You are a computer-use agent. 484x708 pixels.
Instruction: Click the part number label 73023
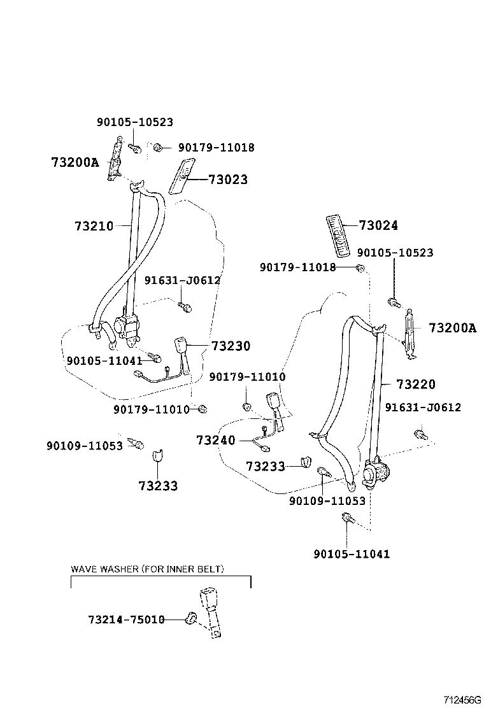coord(227,180)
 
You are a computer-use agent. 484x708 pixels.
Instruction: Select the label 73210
coord(94,226)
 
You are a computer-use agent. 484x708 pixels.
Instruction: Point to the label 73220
coord(415,384)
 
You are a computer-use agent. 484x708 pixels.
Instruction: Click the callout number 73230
coord(231,346)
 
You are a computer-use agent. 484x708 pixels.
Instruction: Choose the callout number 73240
coord(216,440)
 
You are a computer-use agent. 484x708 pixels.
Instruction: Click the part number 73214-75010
coord(126,619)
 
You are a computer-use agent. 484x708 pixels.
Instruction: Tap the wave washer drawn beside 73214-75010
coord(190,617)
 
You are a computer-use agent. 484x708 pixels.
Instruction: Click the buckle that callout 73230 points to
coord(181,348)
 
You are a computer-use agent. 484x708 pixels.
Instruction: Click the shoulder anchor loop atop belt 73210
coord(137,187)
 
